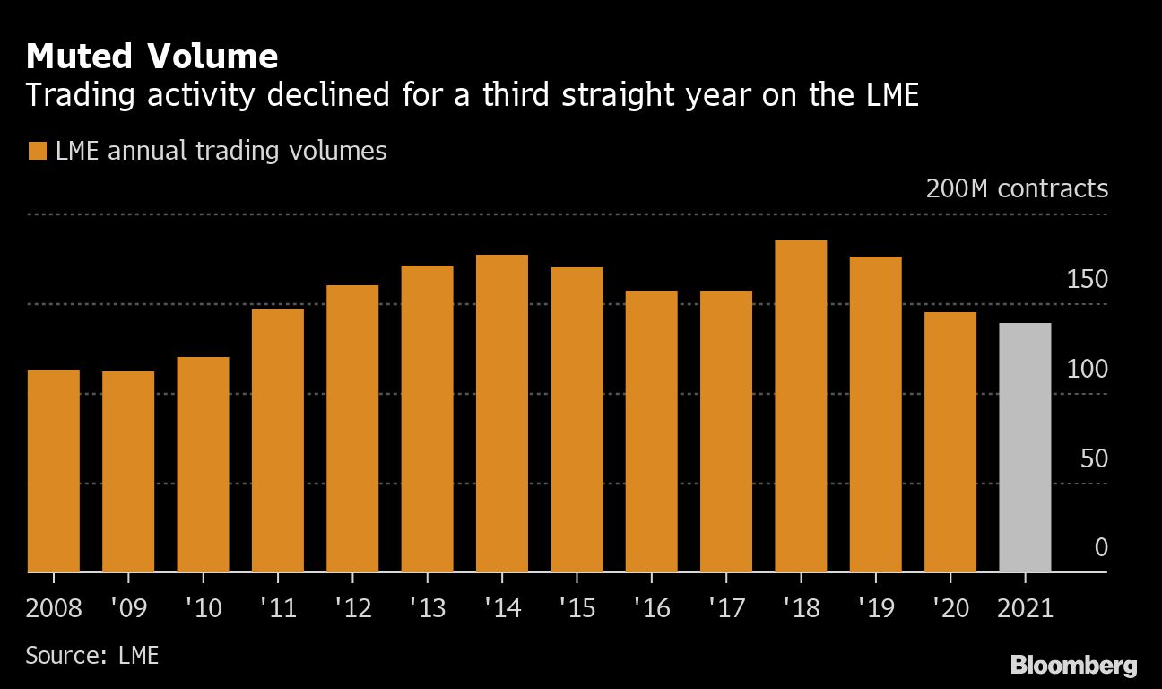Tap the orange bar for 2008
pyautogui.click(x=54, y=470)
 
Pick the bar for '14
pyautogui.click(x=502, y=413)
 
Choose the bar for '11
pyautogui.click(x=278, y=440)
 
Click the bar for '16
pyautogui.click(x=651, y=431)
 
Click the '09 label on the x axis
pyautogui.click(x=128, y=608)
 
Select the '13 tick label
pyautogui.click(x=427, y=608)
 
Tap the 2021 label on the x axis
pyautogui.click(x=1025, y=608)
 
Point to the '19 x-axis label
pyautogui.click(x=875, y=608)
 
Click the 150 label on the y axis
pyautogui.click(x=1087, y=280)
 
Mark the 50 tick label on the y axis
pyautogui.click(x=1094, y=458)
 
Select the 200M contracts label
pyautogui.click(x=1017, y=189)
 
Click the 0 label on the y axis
pyautogui.click(x=1101, y=547)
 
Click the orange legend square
pyautogui.click(x=37, y=151)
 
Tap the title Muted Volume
pyautogui.click(x=152, y=57)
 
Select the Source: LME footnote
pyautogui.click(x=92, y=656)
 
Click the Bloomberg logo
pyautogui.click(x=1073, y=666)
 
